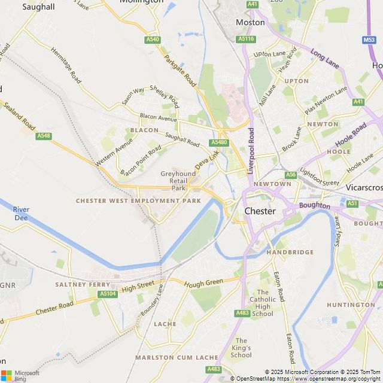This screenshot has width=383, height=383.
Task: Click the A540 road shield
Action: click(x=153, y=39)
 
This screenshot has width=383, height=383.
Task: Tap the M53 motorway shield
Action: click(x=369, y=40)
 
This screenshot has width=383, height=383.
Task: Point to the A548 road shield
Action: click(x=43, y=136)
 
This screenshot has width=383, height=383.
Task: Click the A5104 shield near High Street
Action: click(x=108, y=294)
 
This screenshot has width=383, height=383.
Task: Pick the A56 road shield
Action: click(x=291, y=175)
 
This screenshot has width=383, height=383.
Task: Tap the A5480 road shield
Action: click(x=219, y=142)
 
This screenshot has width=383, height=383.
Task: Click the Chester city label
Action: click(x=260, y=211)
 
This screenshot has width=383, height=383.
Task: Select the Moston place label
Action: click(x=250, y=22)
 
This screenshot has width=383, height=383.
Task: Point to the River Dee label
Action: click(x=22, y=214)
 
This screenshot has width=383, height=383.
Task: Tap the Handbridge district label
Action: click(x=290, y=253)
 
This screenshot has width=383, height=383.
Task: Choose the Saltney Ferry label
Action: click(x=83, y=284)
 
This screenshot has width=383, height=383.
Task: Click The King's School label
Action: click(x=241, y=348)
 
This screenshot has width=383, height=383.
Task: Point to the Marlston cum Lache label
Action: click(x=177, y=357)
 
